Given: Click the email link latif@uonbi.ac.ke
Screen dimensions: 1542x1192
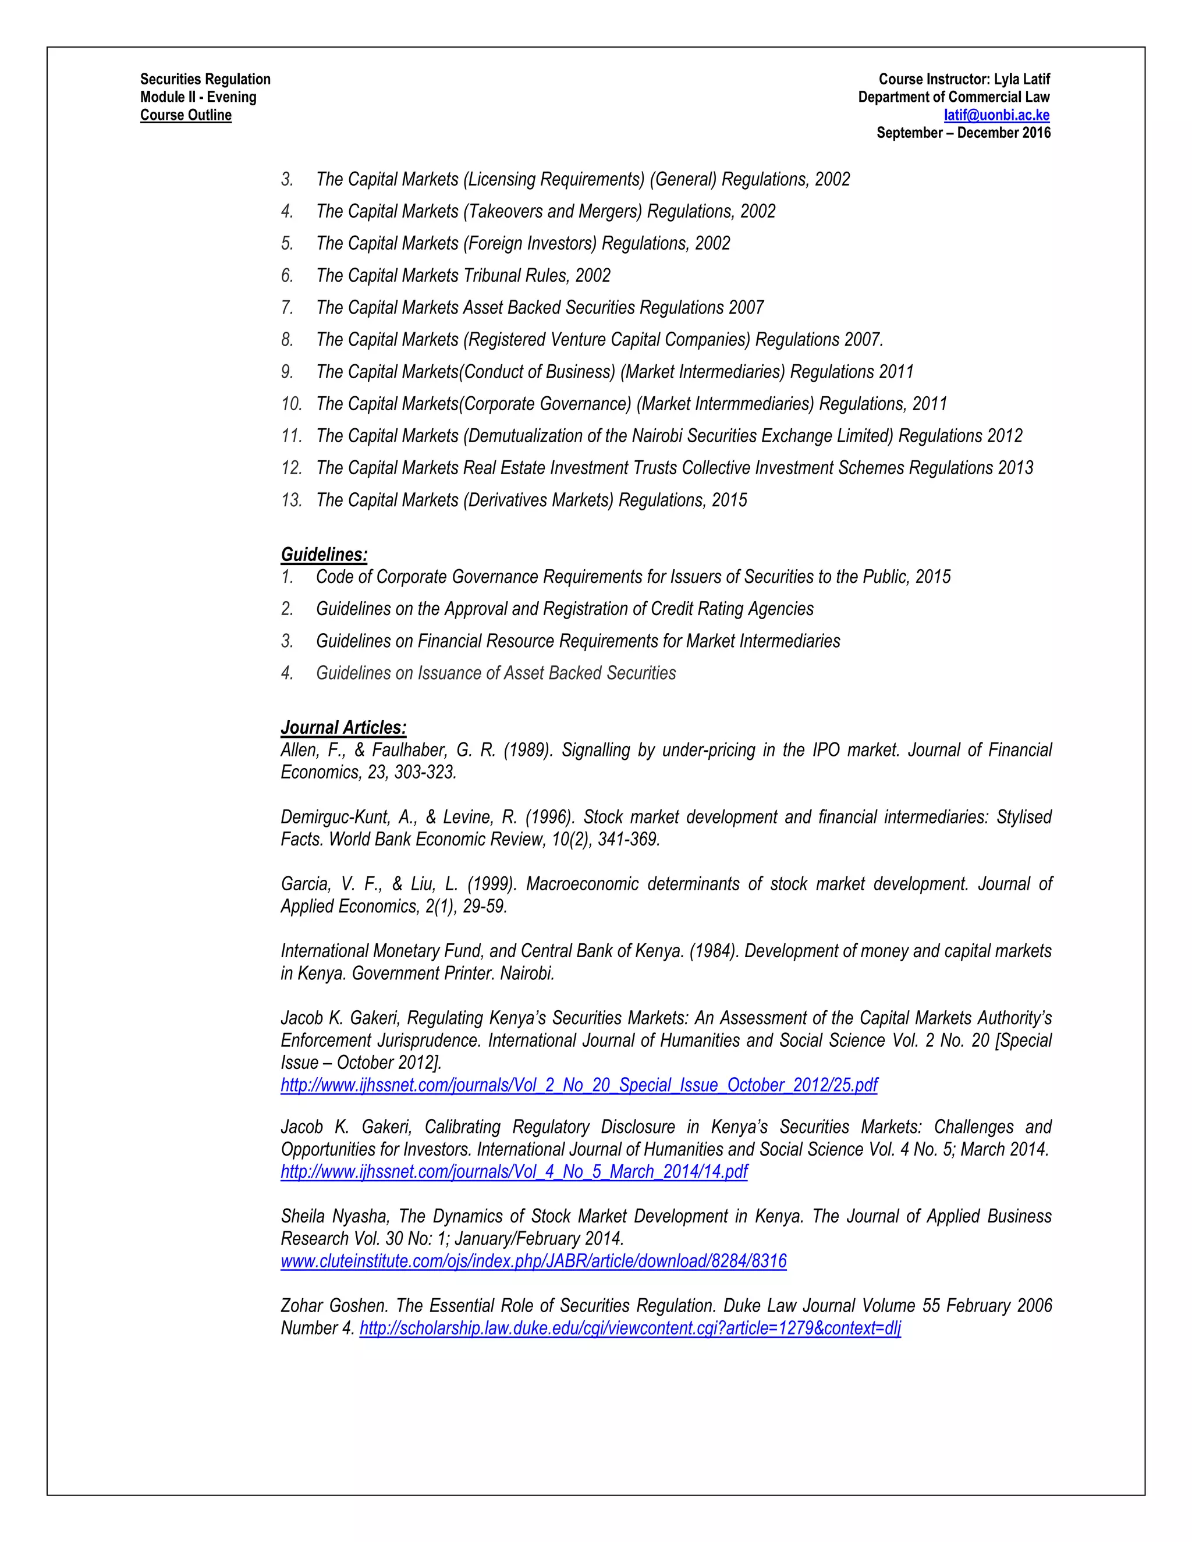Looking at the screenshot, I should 996,115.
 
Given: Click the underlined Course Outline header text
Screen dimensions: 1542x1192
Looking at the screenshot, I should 186,115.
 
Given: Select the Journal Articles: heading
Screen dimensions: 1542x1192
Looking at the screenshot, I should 343,727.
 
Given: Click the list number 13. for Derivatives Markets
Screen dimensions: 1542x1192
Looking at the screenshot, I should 291,500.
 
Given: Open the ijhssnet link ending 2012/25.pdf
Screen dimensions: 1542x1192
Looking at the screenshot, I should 579,1085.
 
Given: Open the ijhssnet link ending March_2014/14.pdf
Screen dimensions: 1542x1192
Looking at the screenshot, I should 513,1172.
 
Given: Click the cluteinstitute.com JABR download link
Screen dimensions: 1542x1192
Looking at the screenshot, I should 533,1262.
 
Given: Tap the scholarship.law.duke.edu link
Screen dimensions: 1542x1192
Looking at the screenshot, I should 630,1329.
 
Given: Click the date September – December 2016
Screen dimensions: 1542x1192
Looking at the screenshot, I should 963,133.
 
